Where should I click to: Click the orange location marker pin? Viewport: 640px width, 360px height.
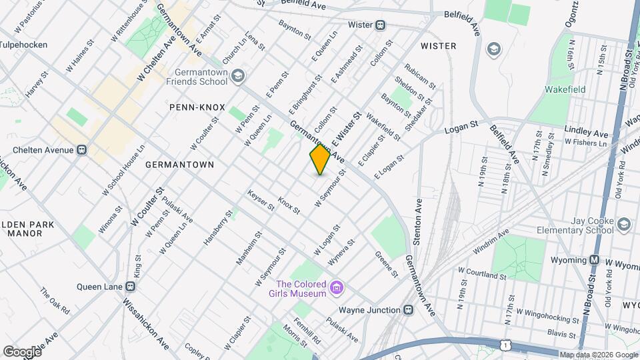[320, 159]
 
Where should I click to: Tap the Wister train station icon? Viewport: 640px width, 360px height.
[380, 25]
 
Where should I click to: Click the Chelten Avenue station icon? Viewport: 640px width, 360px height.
[81, 149]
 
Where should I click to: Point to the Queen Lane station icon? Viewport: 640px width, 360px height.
[130, 287]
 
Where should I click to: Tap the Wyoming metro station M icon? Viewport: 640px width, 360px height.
[594, 259]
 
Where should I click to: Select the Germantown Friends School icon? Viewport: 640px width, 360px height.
[238, 77]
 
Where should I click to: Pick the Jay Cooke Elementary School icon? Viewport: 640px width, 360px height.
[623, 223]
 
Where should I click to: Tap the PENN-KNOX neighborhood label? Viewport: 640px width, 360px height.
[197, 107]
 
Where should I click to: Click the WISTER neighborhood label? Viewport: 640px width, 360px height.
[438, 46]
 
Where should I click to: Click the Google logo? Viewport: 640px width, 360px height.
[22, 351]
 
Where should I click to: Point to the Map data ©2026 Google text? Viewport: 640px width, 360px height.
[598, 355]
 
